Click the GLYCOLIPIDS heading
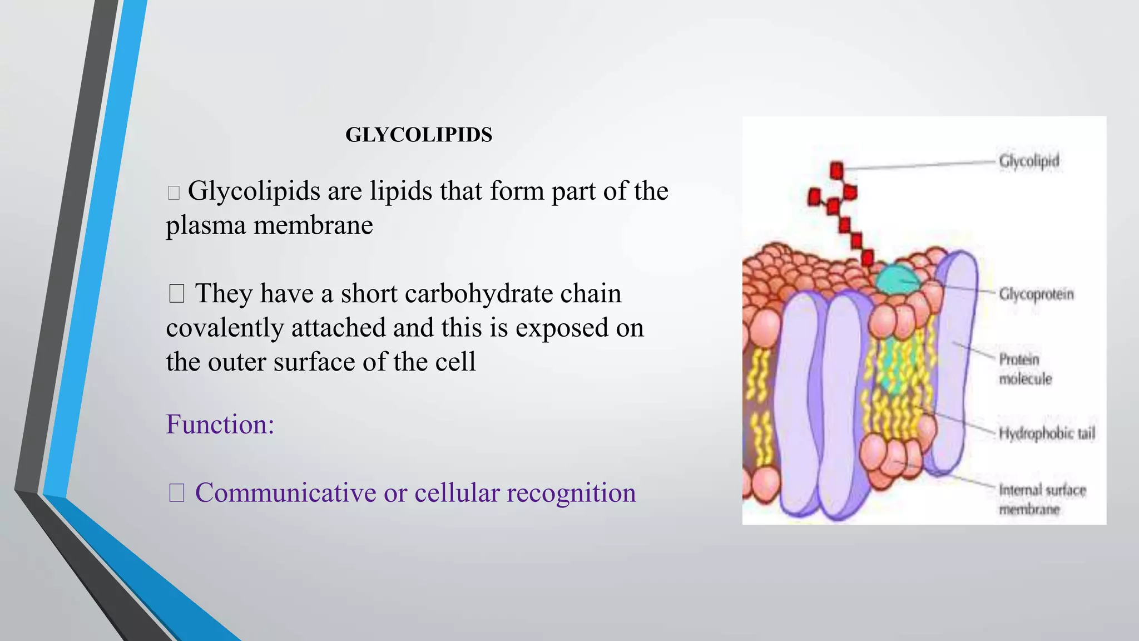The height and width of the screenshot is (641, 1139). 419,135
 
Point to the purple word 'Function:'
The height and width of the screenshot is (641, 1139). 220,424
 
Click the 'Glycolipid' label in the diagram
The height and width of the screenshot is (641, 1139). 1029,161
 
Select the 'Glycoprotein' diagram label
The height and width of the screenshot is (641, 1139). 1036,294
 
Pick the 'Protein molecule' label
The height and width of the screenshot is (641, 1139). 1025,369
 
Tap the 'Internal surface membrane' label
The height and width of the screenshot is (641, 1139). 1042,499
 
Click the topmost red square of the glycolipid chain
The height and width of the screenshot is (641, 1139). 836,170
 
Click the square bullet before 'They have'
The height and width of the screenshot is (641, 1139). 176,294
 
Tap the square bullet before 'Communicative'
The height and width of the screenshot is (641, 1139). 176,493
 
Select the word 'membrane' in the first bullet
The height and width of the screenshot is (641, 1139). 313,225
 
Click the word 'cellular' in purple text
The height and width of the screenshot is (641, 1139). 457,493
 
